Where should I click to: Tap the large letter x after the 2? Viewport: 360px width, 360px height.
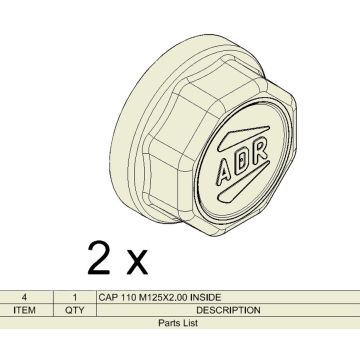[136, 262]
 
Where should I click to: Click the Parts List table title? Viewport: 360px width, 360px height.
[180, 324]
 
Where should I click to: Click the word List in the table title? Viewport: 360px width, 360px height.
[192, 324]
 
